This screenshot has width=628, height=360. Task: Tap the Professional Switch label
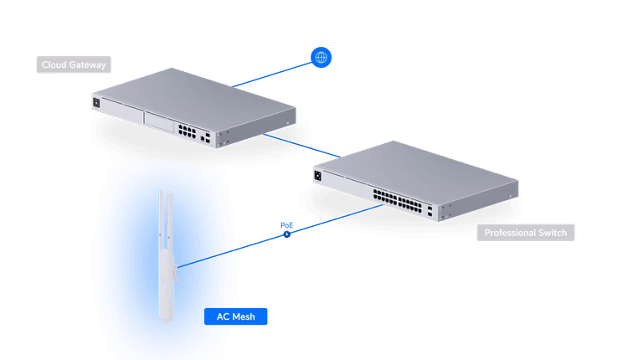point(525,234)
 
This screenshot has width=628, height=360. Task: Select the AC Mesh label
point(236,316)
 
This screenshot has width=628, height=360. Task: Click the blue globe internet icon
point(322,57)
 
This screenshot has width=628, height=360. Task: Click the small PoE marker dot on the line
point(287,234)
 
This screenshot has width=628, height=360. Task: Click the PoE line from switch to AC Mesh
point(251,243)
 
